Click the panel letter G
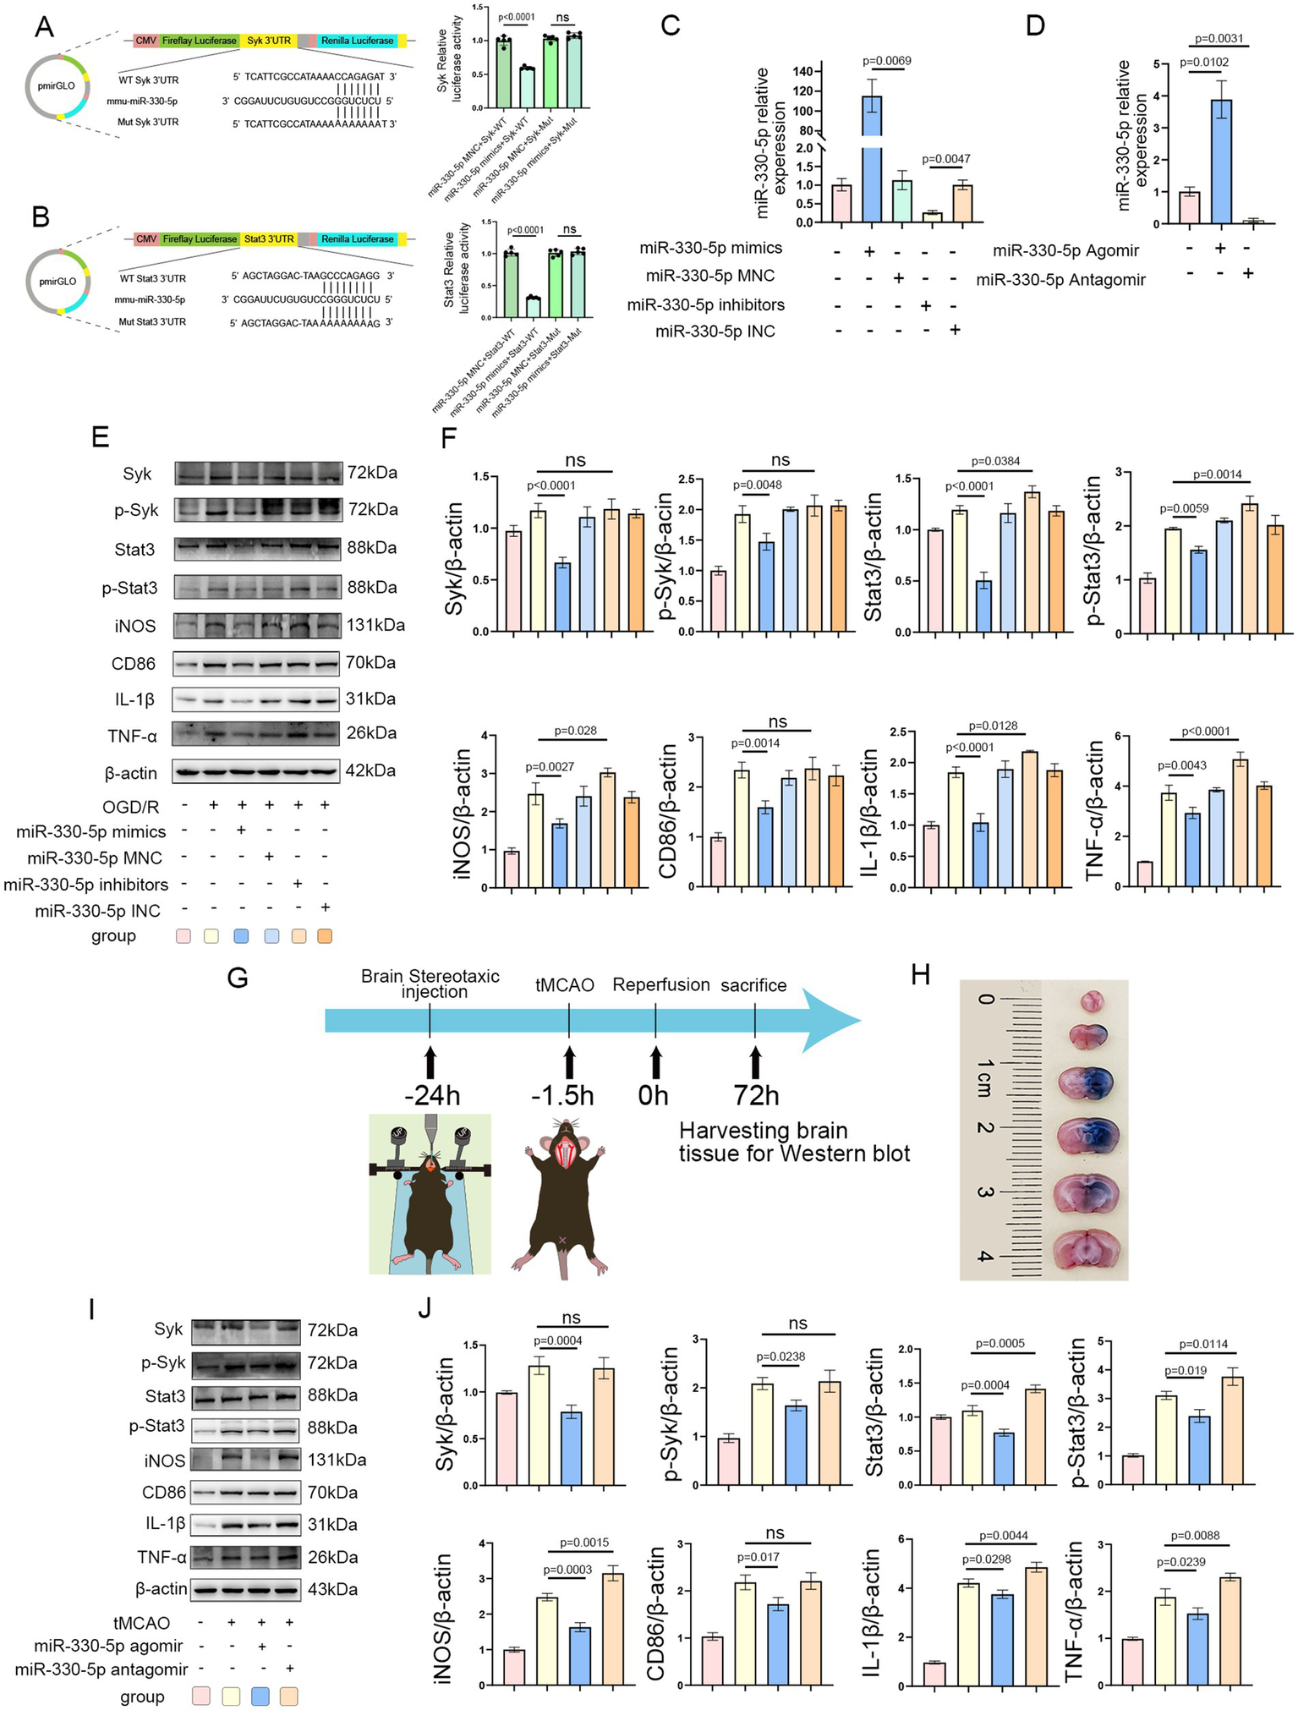(238, 978)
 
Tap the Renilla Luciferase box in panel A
(357, 41)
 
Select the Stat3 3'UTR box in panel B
(269, 239)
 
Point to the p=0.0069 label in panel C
(886, 61)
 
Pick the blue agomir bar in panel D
(1220, 162)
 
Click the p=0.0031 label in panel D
(1219, 39)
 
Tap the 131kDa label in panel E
(375, 626)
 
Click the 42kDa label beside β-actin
(370, 770)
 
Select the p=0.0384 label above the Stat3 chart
(995, 462)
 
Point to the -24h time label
(432, 1096)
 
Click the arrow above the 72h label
(754, 1060)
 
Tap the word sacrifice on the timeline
(753, 985)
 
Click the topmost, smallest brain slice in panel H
(1091, 1002)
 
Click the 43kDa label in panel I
(331, 1589)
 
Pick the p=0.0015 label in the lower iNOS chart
(584, 1543)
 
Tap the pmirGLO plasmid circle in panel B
(58, 280)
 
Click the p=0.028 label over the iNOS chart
(576, 731)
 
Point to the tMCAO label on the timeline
(565, 985)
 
